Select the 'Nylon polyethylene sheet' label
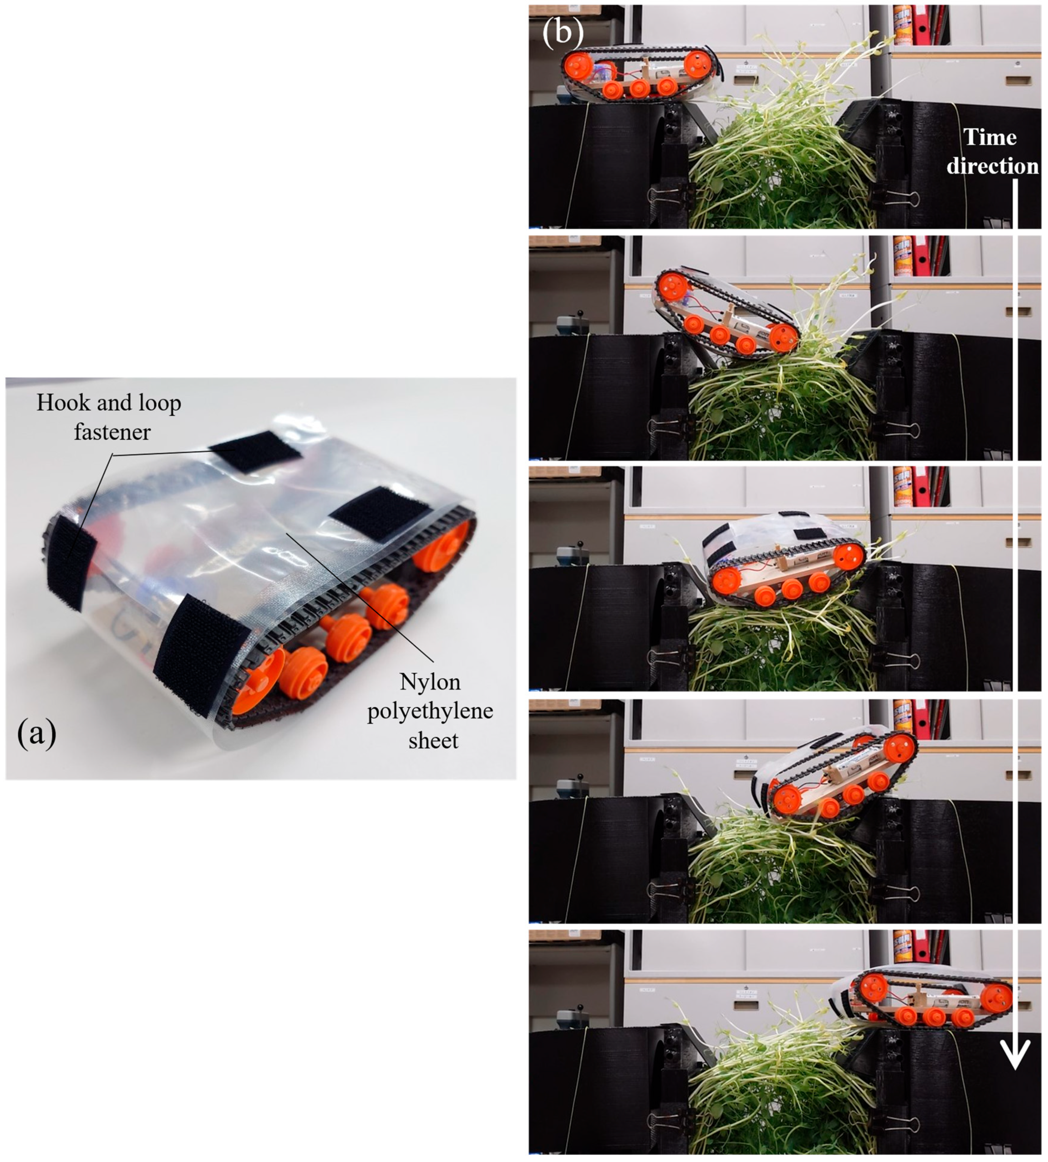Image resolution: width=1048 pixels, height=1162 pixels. tap(431, 711)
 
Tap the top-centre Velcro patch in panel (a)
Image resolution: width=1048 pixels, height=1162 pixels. tap(255, 451)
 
